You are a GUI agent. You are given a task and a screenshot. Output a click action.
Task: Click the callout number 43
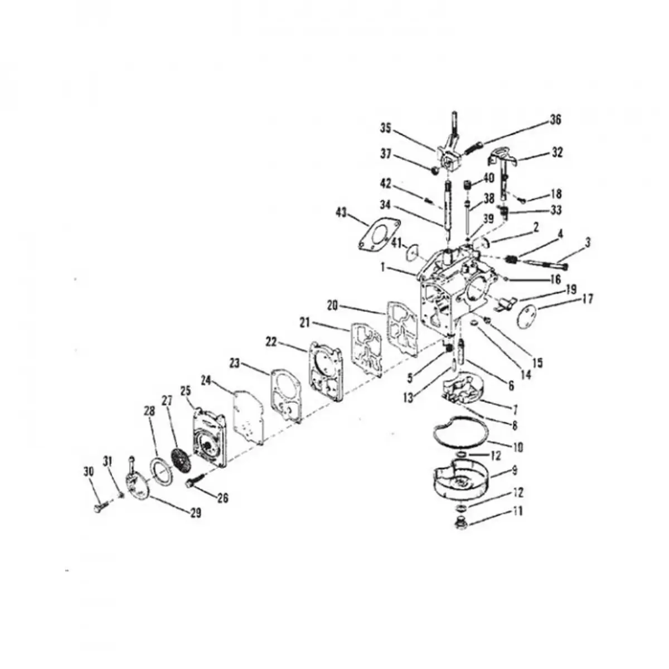[342, 213]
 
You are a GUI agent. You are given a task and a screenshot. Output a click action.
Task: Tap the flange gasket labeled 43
[379, 234]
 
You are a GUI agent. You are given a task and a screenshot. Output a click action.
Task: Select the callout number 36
[555, 120]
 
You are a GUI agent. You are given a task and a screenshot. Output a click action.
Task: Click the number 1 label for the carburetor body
[382, 268]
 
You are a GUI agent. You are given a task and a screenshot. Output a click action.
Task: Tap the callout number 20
[333, 307]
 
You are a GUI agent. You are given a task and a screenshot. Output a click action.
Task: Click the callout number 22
[272, 342]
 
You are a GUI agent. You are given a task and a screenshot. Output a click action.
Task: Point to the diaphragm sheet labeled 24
[249, 416]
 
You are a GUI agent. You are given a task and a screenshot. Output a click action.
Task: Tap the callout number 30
[89, 472]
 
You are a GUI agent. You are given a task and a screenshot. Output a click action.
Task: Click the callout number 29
[196, 513]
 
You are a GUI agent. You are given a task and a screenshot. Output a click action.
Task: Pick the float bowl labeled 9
[459, 479]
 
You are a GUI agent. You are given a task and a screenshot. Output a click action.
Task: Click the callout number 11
[517, 511]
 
